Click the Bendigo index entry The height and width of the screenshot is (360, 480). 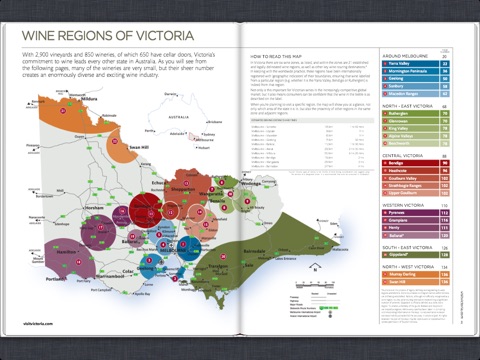pyautogui.click(x=402, y=161)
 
